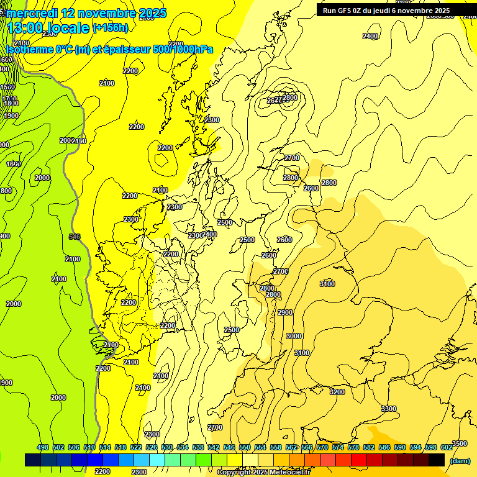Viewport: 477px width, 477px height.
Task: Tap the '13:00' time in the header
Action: click(25, 28)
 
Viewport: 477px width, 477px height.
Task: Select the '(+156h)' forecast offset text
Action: click(111, 27)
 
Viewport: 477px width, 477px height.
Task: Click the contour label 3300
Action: click(389, 409)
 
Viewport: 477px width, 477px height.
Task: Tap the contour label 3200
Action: click(337, 392)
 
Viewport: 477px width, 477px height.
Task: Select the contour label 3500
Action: click(460, 443)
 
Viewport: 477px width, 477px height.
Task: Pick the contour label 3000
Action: click(293, 336)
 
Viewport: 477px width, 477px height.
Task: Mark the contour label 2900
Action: click(285, 312)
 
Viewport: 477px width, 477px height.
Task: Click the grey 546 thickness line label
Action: click(75, 237)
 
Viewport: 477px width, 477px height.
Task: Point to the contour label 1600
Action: click(14, 164)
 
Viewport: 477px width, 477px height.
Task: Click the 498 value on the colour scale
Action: click(43, 447)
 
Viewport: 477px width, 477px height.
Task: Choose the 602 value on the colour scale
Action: click(447, 447)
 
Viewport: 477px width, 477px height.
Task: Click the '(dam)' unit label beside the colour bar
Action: click(460, 461)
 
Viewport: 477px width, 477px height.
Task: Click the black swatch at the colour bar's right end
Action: click(437, 460)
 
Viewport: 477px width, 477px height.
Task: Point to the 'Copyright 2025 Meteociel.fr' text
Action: click(263, 472)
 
